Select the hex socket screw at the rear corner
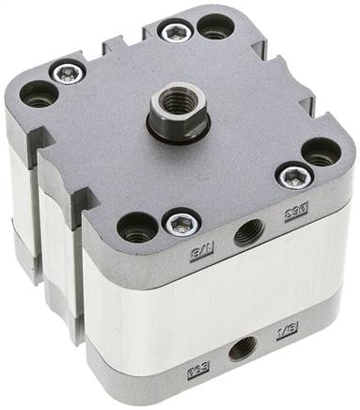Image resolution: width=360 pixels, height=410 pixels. (x=176, y=33)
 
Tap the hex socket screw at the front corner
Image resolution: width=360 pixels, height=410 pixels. (x=180, y=222)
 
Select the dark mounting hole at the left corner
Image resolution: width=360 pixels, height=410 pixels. (x=39, y=92)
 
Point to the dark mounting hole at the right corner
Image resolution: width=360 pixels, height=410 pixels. (x=321, y=151)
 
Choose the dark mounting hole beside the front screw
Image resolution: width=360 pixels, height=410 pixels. (x=137, y=226)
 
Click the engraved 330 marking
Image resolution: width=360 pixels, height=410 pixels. (x=299, y=214)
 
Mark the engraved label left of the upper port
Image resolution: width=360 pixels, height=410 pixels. (x=202, y=253)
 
